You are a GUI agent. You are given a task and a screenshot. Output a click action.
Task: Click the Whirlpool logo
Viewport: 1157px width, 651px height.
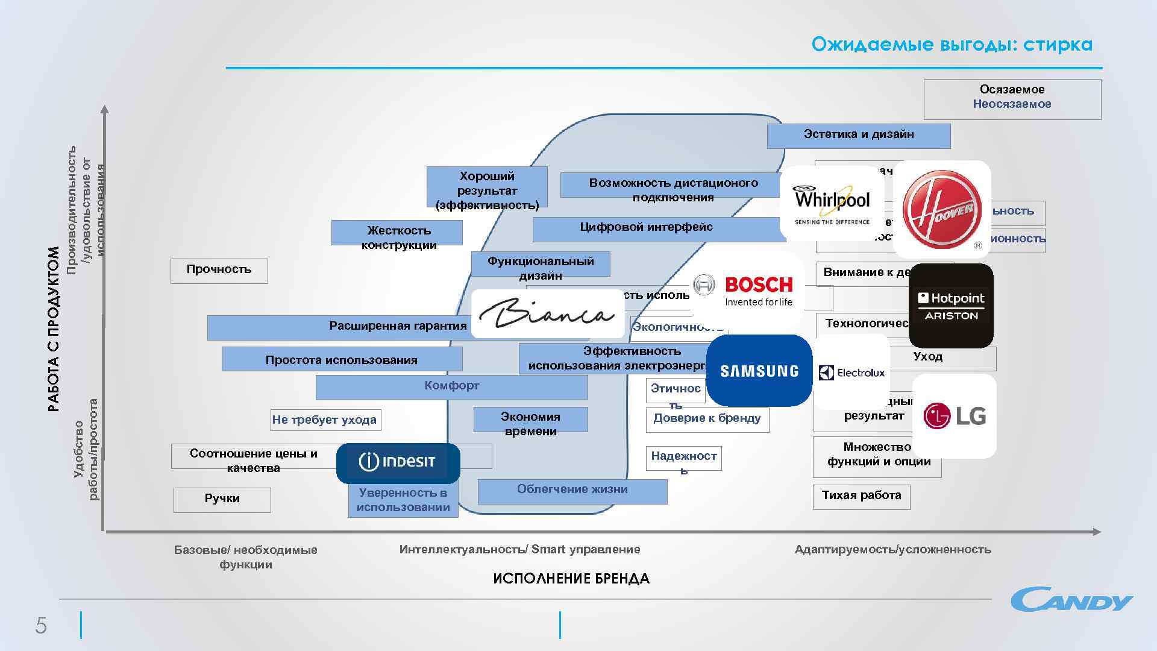[832, 203]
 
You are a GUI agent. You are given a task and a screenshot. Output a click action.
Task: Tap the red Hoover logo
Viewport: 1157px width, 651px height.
[942, 209]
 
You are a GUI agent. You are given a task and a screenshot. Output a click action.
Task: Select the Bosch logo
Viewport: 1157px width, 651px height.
[746, 291]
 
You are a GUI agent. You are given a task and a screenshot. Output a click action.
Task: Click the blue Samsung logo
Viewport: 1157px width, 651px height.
[759, 371]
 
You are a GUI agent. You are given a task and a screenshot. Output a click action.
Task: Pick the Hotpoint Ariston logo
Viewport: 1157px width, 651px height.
[951, 306]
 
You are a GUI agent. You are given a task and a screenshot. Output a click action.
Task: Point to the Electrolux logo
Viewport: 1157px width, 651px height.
[851, 373]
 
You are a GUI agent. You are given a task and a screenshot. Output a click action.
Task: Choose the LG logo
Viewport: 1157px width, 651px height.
[955, 416]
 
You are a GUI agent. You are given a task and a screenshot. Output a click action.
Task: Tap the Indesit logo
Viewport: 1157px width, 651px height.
[398, 462]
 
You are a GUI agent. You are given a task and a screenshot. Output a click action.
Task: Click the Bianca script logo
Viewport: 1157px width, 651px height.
[547, 313]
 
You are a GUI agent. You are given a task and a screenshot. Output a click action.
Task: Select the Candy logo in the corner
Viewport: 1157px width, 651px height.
[1071, 599]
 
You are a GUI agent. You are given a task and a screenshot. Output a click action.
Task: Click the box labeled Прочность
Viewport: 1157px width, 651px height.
[219, 270]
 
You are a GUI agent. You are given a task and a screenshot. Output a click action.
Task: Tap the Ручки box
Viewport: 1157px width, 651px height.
[222, 499]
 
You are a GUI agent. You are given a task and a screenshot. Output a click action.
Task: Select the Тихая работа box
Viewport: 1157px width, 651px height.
[861, 496]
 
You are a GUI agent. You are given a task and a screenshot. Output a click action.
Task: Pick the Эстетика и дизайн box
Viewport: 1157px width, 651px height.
[858, 135]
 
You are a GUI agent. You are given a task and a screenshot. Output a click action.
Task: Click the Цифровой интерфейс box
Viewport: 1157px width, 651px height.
[646, 228]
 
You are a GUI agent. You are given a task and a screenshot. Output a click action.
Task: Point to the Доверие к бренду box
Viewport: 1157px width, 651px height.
[707, 418]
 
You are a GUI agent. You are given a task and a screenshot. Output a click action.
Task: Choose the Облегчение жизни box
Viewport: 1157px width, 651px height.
[572, 490]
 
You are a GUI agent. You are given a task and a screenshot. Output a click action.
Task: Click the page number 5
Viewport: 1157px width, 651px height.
[41, 626]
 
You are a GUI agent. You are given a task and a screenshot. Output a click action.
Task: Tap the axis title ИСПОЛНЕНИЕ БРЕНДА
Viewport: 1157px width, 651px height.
[571, 579]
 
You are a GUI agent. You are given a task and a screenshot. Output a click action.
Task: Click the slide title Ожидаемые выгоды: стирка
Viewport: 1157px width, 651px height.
[952, 45]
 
